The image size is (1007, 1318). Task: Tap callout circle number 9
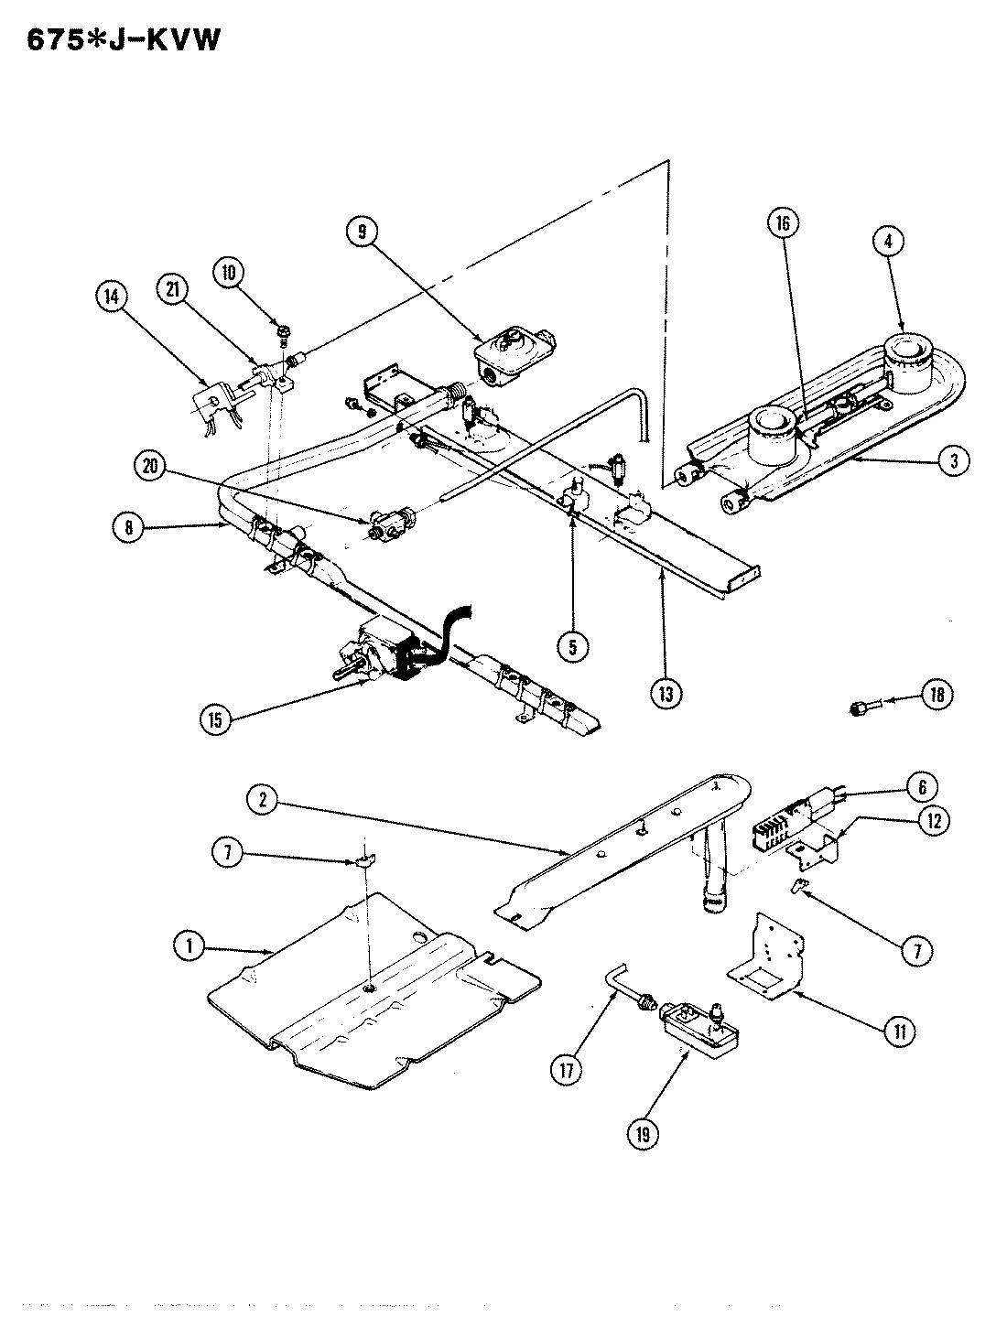pyautogui.click(x=363, y=232)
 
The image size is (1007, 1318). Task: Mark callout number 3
pyautogui.click(x=953, y=462)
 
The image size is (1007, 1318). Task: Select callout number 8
pyautogui.click(x=131, y=529)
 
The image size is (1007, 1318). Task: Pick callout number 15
pyautogui.click(x=215, y=718)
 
